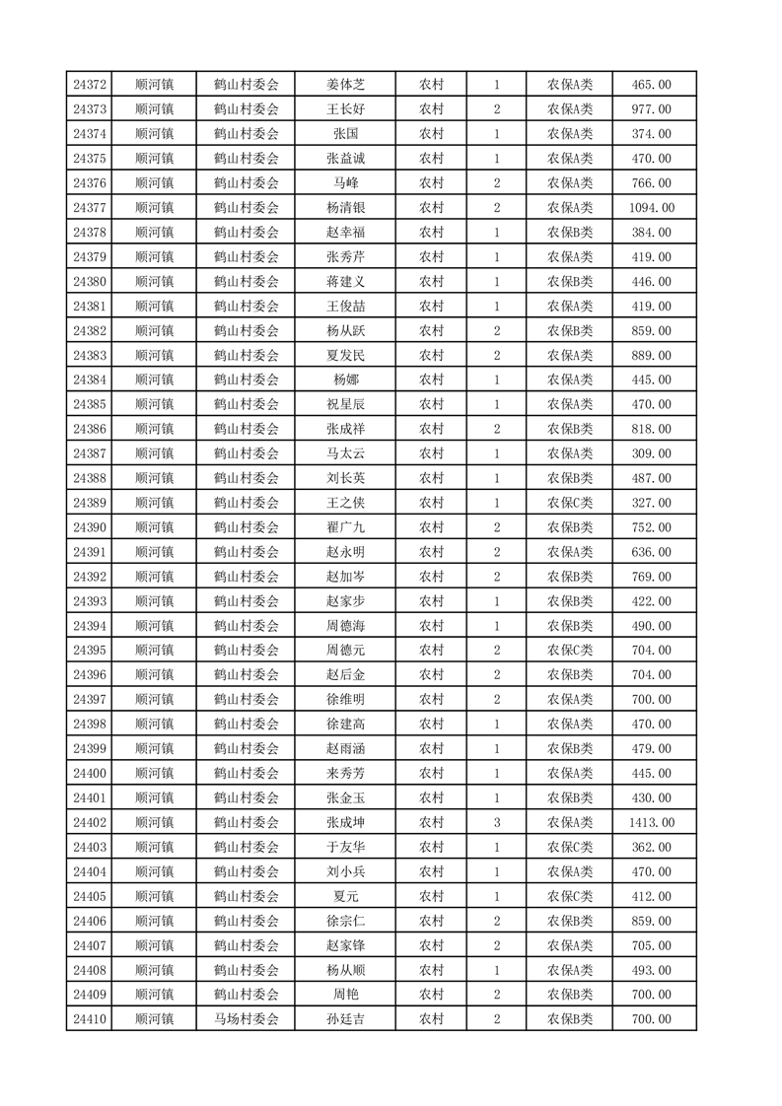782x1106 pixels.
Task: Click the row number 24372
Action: pos(90,85)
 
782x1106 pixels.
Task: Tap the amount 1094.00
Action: pos(651,208)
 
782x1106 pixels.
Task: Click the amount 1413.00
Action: pos(651,822)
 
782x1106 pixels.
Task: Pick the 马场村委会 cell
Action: pos(247,1019)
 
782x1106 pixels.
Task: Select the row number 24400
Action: pos(90,773)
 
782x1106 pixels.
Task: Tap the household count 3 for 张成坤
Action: pos(496,822)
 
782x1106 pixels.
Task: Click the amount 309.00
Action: pos(651,453)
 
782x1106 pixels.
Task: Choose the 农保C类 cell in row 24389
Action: pos(570,503)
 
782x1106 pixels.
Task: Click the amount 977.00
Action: pos(651,109)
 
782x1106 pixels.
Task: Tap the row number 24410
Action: pos(90,1019)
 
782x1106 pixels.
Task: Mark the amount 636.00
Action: pos(651,552)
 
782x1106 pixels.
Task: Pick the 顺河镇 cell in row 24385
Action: pos(154,404)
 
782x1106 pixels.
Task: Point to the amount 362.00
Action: pos(651,847)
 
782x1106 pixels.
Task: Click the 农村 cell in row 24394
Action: pos(431,626)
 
